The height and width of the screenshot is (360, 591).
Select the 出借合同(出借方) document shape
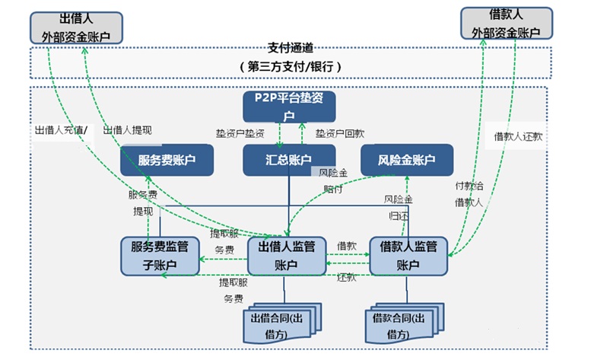click(x=281, y=324)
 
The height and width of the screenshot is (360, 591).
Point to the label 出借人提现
click(x=128, y=130)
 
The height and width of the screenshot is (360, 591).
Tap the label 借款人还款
click(x=518, y=137)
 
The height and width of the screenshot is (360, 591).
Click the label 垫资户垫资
click(x=240, y=132)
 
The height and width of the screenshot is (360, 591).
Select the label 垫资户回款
click(x=340, y=132)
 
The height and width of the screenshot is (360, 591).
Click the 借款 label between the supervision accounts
click(x=346, y=246)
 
